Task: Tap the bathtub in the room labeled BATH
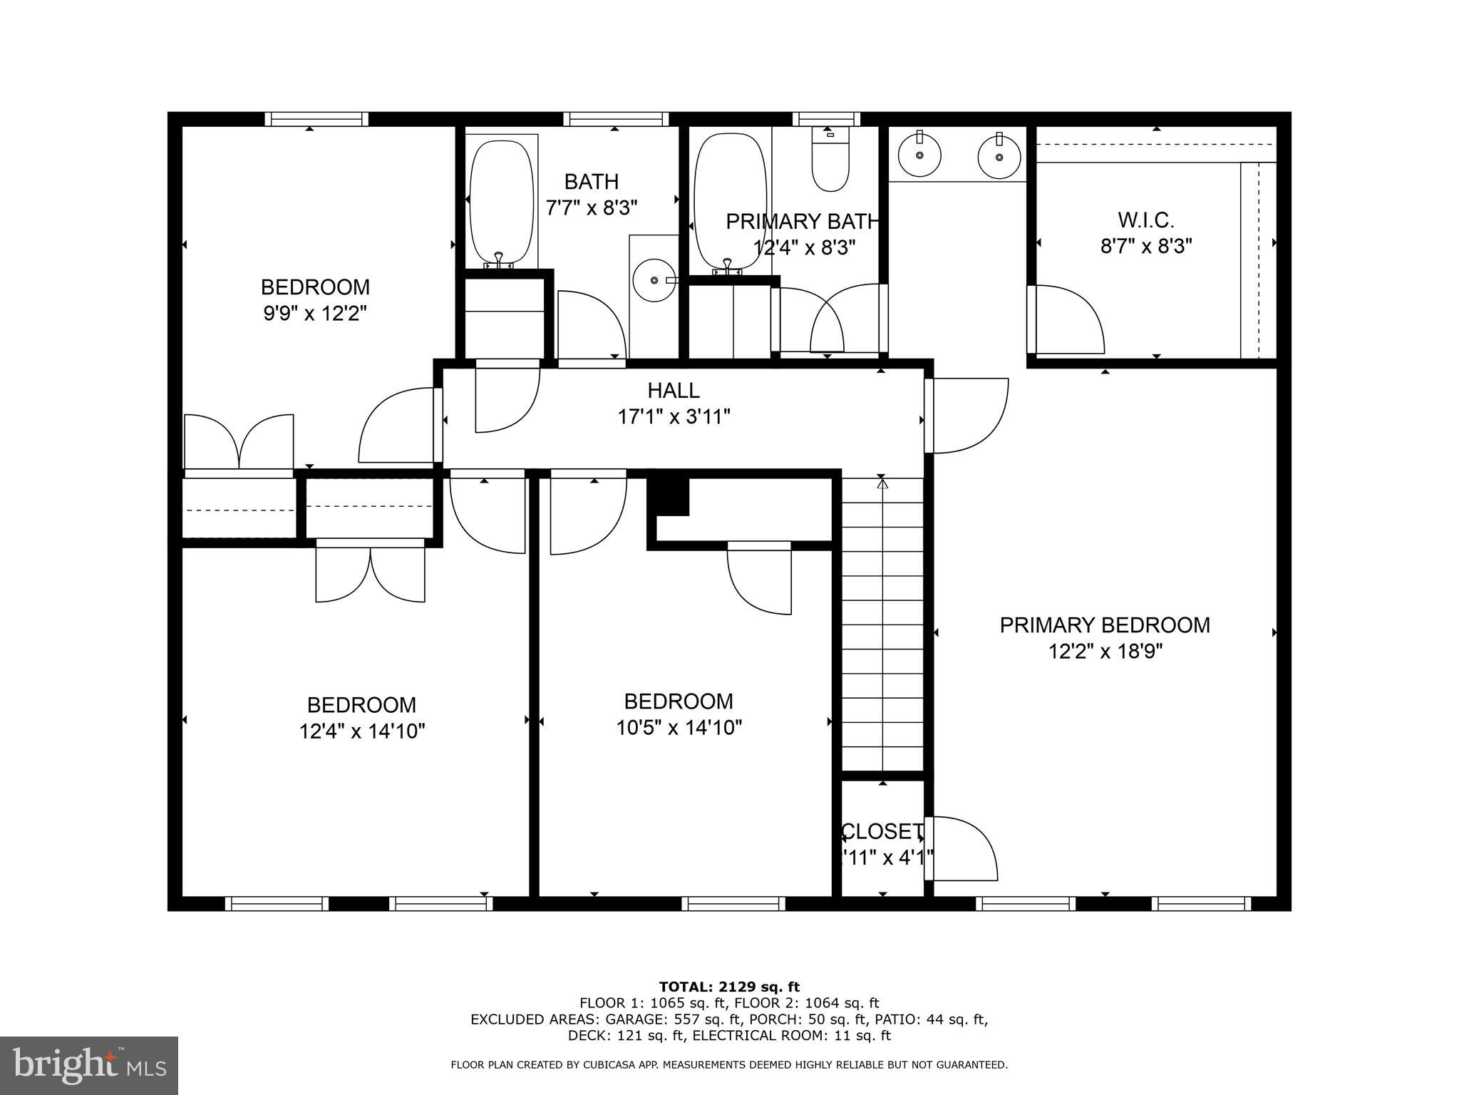point(501,202)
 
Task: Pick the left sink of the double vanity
point(919,155)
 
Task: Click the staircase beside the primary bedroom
point(883,624)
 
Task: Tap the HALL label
point(674,391)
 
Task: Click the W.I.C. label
point(1145,220)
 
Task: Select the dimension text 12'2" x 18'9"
point(1105,652)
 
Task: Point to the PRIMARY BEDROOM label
point(1105,625)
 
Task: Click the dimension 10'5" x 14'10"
point(679,728)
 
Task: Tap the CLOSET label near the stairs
point(882,831)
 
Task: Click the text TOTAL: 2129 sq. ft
point(729,987)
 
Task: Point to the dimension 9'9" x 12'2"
point(314,314)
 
